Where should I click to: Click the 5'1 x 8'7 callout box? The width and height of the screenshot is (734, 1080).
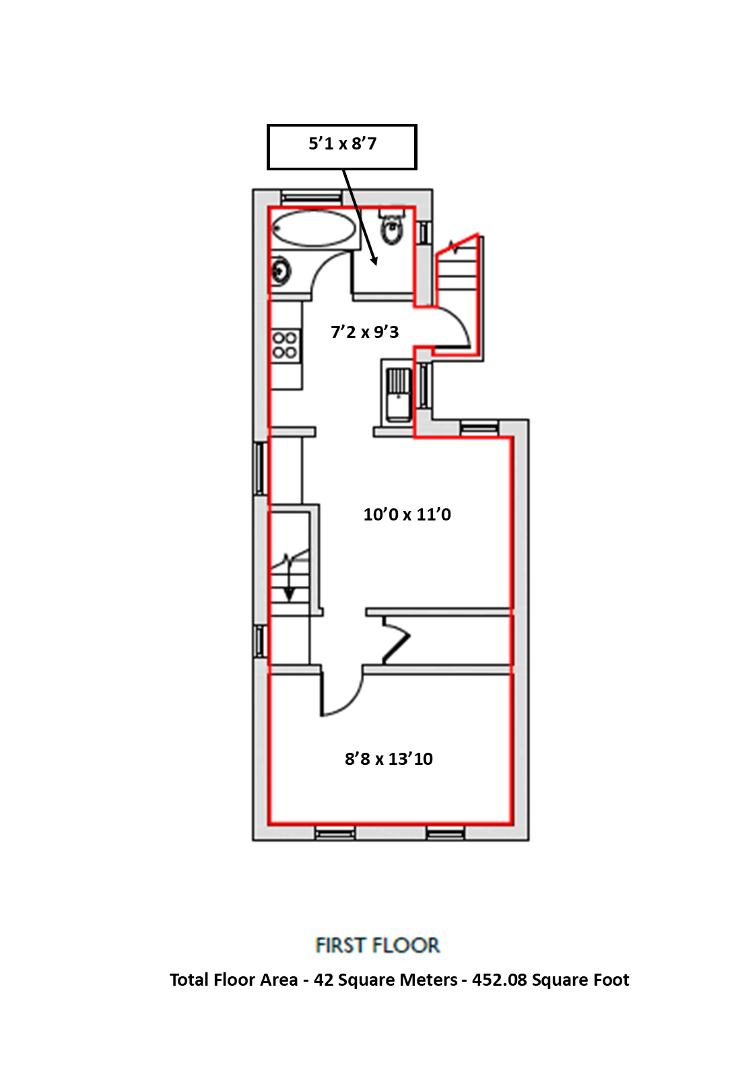(342, 146)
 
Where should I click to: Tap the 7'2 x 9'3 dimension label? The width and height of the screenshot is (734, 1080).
(365, 332)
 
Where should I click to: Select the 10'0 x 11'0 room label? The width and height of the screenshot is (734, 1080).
(407, 514)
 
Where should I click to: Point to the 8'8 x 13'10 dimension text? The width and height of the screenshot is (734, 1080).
(389, 759)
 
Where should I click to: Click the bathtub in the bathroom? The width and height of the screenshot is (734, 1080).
(314, 228)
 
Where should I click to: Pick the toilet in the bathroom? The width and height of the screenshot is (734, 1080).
(391, 227)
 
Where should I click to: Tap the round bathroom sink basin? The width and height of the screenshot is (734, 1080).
(281, 271)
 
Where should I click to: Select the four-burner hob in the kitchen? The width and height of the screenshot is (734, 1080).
(285, 345)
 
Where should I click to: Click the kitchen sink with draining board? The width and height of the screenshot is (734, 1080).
(398, 393)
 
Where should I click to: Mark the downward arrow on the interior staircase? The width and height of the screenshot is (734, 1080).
(289, 593)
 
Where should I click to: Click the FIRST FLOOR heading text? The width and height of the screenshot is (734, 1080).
(377, 945)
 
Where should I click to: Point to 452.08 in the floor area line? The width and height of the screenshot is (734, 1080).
(499, 980)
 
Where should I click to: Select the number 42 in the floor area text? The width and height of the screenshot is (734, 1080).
(323, 980)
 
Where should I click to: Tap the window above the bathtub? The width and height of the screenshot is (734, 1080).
(310, 197)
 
